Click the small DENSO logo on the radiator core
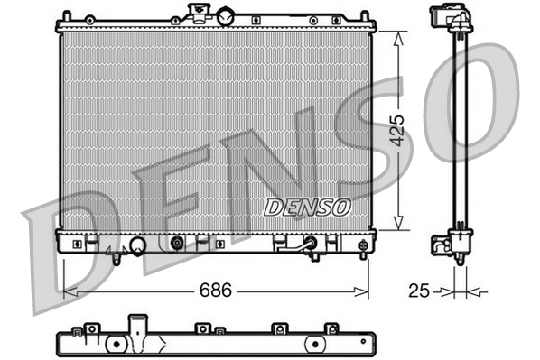pos(307,207)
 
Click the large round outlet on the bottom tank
pos(137,245)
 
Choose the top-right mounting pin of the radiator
pos(364,16)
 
